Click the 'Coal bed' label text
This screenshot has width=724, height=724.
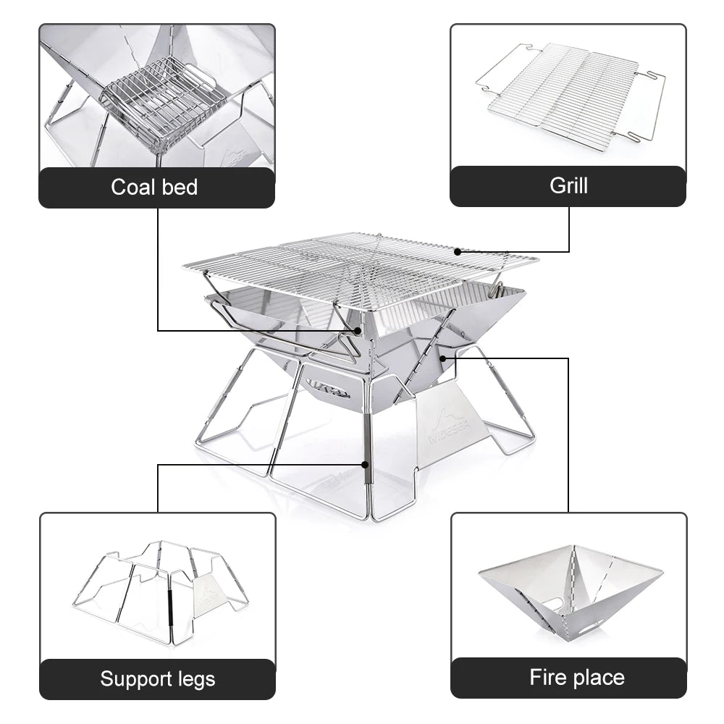pyautogui.click(x=154, y=188)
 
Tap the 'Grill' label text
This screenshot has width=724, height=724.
pyautogui.click(x=568, y=185)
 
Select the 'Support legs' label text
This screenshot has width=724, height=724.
pyautogui.click(x=157, y=679)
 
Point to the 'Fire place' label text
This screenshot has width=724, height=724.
pyautogui.click(x=576, y=678)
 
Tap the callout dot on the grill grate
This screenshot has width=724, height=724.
pyautogui.click(x=458, y=251)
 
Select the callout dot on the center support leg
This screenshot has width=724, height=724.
pyautogui.click(x=366, y=465)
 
